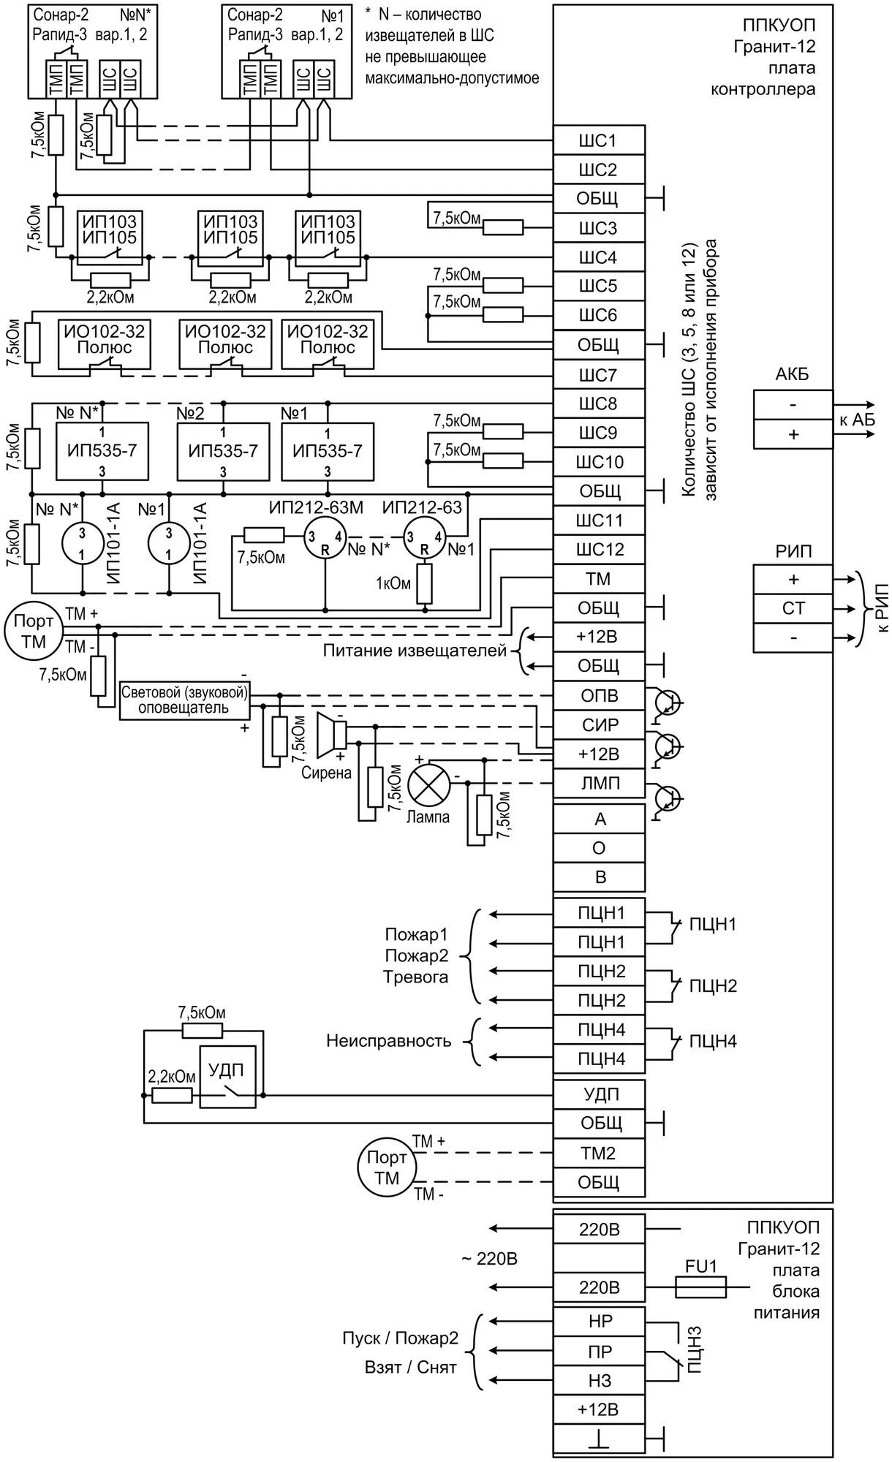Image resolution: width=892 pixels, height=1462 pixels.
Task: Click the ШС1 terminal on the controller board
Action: pos(599,140)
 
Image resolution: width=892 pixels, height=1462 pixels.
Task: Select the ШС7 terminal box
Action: pos(599,375)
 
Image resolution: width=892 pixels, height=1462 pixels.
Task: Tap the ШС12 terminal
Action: pos(599,550)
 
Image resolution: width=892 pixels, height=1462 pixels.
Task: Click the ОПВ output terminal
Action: pos(599,696)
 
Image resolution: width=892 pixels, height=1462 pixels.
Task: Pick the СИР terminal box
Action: pos(599,725)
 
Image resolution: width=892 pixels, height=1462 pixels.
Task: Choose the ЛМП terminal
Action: pos(599,784)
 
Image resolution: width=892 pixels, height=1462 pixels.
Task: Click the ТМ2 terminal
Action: pos(599,1154)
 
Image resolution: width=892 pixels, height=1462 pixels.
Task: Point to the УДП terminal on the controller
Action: pos(599,1094)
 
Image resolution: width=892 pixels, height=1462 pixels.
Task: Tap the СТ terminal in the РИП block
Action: pos(793,608)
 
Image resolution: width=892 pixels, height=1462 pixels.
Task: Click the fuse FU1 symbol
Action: pos(701,1287)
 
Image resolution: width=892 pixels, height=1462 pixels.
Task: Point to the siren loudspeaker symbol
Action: pos(330,733)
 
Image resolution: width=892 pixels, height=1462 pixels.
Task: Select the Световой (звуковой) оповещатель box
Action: pos(184,701)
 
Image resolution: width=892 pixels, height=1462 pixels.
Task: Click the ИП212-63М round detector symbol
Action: pos(324,537)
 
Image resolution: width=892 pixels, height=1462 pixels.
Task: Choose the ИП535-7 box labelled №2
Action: pos(223,450)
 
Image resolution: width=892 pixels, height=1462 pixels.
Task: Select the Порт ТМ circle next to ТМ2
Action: pos(386,1168)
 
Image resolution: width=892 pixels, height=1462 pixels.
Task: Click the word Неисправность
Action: pos(388,1041)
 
